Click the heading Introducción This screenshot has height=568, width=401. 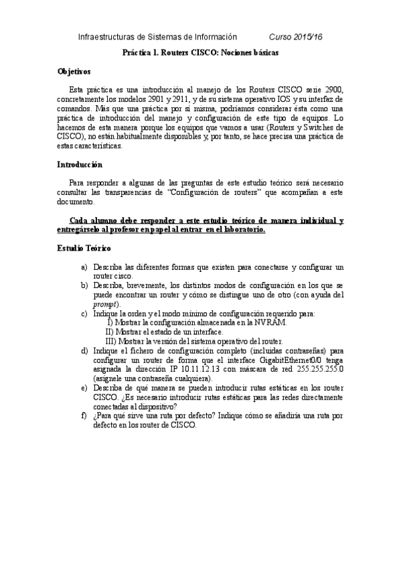79,164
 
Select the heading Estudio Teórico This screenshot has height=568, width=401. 82,248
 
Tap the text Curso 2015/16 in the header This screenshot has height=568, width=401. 296,37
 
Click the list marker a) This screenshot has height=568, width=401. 84,267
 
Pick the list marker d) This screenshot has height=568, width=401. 84,350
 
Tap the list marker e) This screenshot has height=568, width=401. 84,387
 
